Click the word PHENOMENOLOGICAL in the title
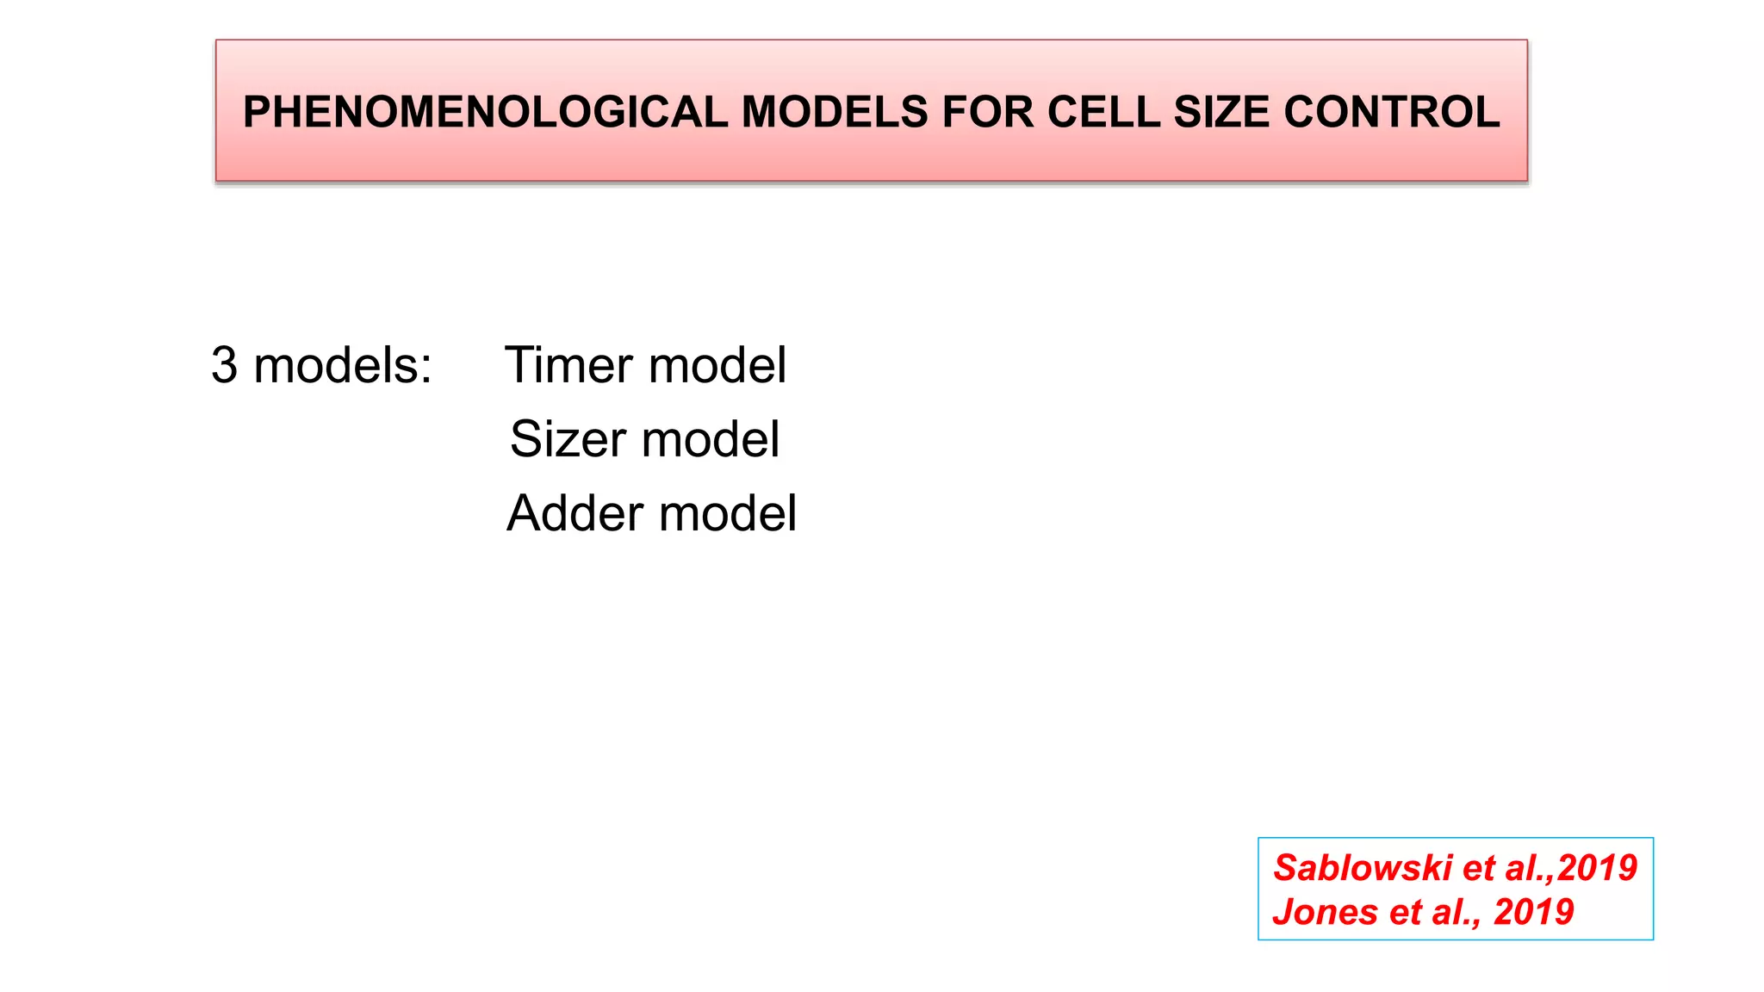pyautogui.click(x=487, y=112)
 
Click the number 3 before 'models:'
pyautogui.click(x=224, y=365)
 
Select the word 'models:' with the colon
pyautogui.click(x=343, y=365)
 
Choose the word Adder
pyautogui.click(x=575, y=514)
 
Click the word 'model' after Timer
pyautogui.click(x=717, y=365)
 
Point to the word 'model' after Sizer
pyautogui.click(x=711, y=439)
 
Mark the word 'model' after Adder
pyautogui.click(x=728, y=514)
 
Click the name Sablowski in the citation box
pyautogui.click(x=1363, y=868)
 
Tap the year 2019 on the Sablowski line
pyautogui.click(x=1597, y=868)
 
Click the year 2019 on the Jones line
pyautogui.click(x=1534, y=912)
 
